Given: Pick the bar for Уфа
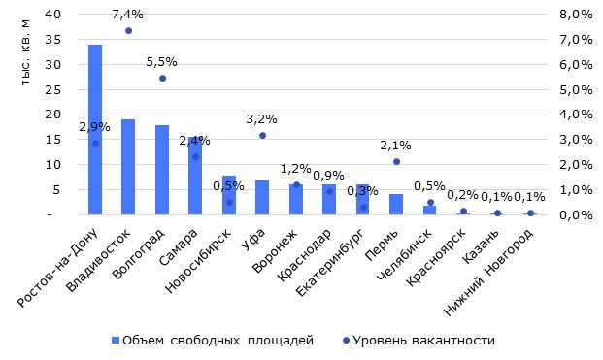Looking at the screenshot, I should pyautogui.click(x=262, y=197).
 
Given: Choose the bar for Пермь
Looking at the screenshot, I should pyautogui.click(x=396, y=204).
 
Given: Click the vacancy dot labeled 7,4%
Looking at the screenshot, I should pyautogui.click(x=128, y=31).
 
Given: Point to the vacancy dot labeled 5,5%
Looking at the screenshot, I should pyautogui.click(x=162, y=78).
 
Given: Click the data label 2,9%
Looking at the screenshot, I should pyautogui.click(x=95, y=127).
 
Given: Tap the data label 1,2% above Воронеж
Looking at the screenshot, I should pyautogui.click(x=296, y=169).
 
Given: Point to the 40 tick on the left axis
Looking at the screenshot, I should pyautogui.click(x=56, y=15).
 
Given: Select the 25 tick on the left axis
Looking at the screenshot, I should pyautogui.click(x=56, y=89).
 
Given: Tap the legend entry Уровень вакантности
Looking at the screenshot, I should pyautogui.click(x=423, y=340).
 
